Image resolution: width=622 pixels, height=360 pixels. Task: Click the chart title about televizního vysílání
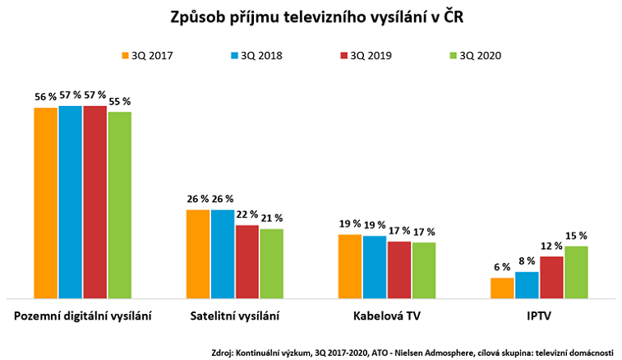coord(311,18)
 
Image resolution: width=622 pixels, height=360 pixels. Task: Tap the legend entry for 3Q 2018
coord(255,56)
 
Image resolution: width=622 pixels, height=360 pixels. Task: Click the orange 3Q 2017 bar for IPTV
coord(502,288)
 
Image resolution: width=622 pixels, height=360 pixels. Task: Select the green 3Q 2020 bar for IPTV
coord(576,272)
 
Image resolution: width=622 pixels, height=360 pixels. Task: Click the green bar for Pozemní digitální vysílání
coord(119,205)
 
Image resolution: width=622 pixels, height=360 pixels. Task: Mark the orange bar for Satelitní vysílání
coord(198,254)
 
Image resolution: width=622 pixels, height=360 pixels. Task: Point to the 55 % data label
coord(119,102)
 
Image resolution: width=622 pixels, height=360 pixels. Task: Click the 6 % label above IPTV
coord(502,267)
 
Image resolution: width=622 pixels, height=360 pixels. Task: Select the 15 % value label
coord(576,236)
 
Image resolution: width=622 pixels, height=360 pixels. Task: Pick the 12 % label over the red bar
coord(551,246)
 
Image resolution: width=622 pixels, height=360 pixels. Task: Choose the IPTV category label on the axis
coord(539,316)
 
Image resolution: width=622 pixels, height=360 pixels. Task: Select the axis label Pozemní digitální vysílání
coord(83,316)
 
